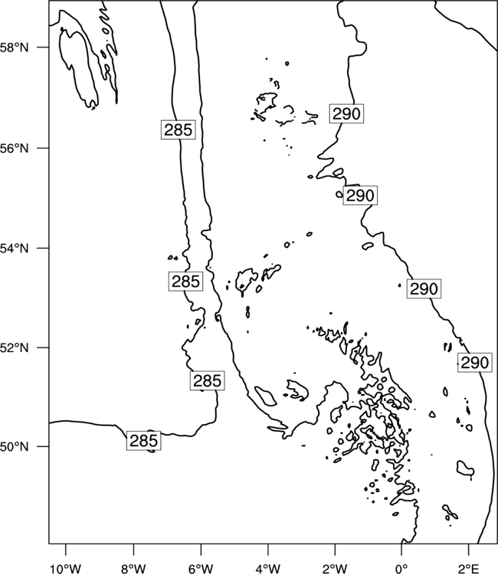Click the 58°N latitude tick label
14,47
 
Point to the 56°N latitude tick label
14,148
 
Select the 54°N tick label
14,249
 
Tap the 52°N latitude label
14,347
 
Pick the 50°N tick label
14,447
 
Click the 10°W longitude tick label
66,569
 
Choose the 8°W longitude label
133,569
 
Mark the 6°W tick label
201,569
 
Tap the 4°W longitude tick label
267,569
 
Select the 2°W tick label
335,569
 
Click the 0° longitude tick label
401,569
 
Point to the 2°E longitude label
468,569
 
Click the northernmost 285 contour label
178,129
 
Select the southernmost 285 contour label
143,441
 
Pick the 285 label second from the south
207,380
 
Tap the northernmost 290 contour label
346,113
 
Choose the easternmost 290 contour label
474,363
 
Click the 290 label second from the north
360,195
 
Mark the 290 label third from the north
424,289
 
